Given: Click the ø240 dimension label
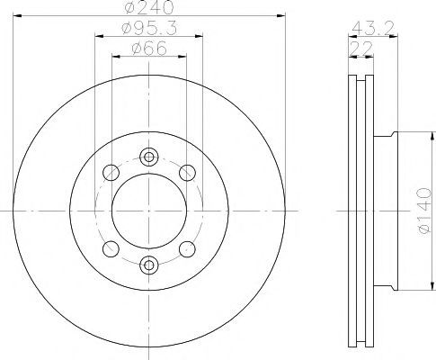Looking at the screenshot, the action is click(149, 7).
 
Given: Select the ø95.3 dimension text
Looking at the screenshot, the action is click(149, 29).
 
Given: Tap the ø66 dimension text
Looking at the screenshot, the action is click(149, 49).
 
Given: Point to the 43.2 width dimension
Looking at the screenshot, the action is click(373, 28).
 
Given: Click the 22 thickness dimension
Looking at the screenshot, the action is click(361, 48).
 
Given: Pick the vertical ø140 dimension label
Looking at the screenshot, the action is click(425, 211).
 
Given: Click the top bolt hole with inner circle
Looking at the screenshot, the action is click(149, 157).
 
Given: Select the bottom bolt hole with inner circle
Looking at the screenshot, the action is click(149, 265).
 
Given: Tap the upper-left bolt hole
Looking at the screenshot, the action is click(111, 173).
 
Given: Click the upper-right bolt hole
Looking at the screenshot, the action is click(187, 173).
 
